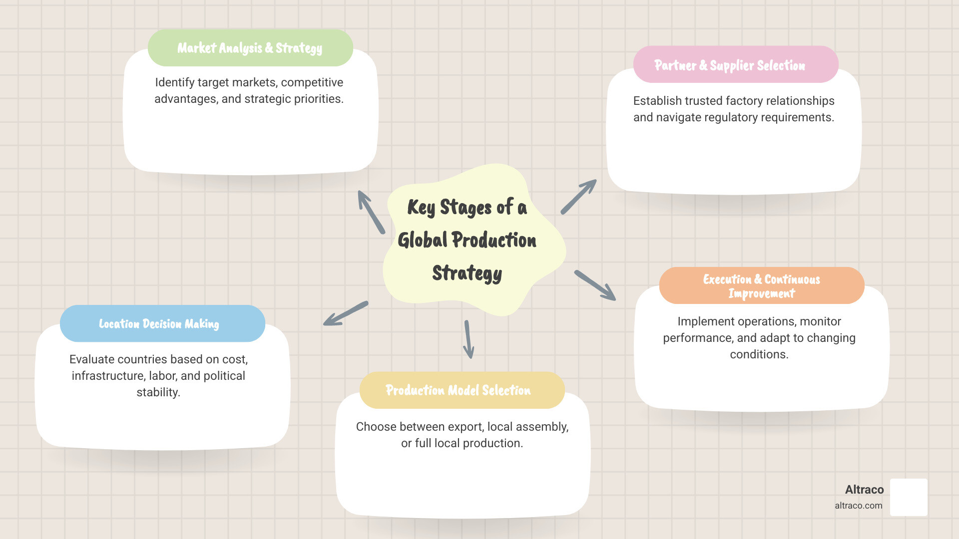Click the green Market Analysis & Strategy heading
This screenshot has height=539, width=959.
[250, 48]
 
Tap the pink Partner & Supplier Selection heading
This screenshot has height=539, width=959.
[730, 65]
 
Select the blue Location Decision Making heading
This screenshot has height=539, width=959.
[159, 324]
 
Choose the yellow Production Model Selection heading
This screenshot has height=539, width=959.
[458, 390]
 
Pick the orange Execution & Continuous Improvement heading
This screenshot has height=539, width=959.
[761, 286]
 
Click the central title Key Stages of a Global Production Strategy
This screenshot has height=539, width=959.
[467, 240]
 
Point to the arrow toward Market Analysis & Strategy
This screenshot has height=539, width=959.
[371, 212]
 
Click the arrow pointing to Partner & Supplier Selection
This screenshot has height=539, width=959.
[579, 197]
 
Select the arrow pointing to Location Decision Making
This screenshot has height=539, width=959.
[346, 313]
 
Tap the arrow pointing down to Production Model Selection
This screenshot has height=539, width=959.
[469, 339]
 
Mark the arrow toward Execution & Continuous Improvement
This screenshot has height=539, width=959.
[595, 285]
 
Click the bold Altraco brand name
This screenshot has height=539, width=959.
[864, 490]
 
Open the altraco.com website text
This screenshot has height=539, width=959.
[858, 506]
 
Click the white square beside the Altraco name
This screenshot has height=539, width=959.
[909, 497]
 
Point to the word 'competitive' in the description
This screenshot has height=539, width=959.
[312, 82]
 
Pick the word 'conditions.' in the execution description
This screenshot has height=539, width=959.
[759, 354]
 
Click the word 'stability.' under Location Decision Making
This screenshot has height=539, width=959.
[158, 392]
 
